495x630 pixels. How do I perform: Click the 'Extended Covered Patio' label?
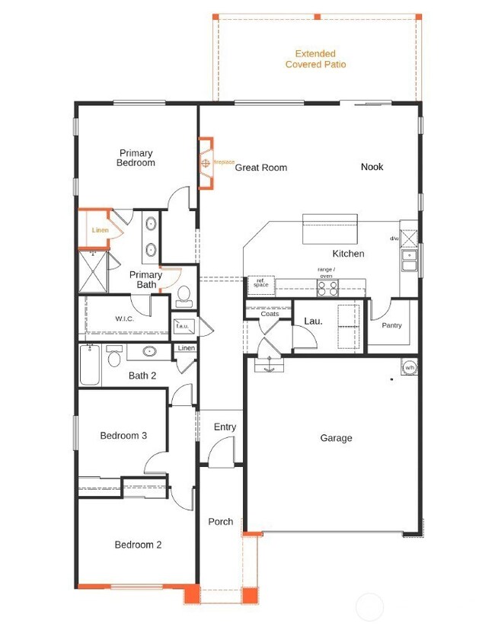[315, 59]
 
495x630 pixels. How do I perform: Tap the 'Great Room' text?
[260, 168]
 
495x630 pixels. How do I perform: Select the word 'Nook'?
[372, 167]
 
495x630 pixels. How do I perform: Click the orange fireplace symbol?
[206, 162]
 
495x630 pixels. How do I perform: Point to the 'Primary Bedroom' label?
[136, 158]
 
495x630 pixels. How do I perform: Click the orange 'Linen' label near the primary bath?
[100, 230]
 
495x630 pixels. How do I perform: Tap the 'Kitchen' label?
[348, 254]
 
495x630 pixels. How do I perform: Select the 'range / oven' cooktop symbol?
[327, 288]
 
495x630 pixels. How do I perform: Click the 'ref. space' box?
[261, 283]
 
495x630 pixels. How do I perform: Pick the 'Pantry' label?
[391, 325]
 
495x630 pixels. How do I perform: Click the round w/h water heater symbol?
[409, 369]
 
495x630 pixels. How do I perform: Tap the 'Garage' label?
[336, 438]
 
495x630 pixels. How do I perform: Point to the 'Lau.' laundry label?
[313, 321]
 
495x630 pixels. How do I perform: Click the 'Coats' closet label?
[270, 314]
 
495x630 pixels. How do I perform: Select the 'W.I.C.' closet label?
[125, 318]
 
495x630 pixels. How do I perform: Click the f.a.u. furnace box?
[183, 327]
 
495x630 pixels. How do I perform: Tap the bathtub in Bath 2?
[90, 367]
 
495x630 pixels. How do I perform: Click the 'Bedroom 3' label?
[123, 436]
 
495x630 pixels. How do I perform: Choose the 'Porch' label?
[221, 522]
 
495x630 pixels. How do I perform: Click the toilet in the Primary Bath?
[183, 295]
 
